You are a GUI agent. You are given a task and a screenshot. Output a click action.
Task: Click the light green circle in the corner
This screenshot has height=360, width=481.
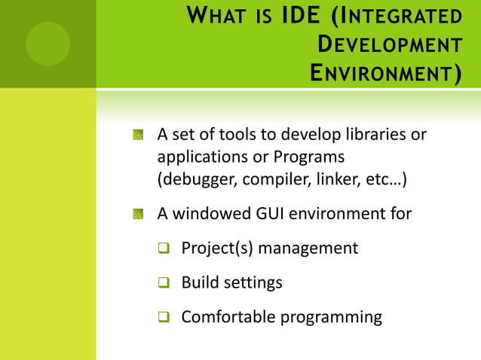(47, 44)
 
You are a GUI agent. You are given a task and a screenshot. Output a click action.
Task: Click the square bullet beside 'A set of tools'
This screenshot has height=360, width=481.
(138, 136)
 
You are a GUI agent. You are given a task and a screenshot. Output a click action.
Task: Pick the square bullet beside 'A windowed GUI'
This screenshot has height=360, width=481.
(138, 214)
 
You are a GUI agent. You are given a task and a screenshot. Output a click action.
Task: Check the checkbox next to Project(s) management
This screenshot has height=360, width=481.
(164, 249)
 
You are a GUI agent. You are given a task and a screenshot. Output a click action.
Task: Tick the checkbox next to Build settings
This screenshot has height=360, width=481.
(164, 283)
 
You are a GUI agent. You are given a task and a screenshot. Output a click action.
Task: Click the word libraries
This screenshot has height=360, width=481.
(375, 136)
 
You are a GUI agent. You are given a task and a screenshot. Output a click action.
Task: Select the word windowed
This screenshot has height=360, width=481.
(210, 214)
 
